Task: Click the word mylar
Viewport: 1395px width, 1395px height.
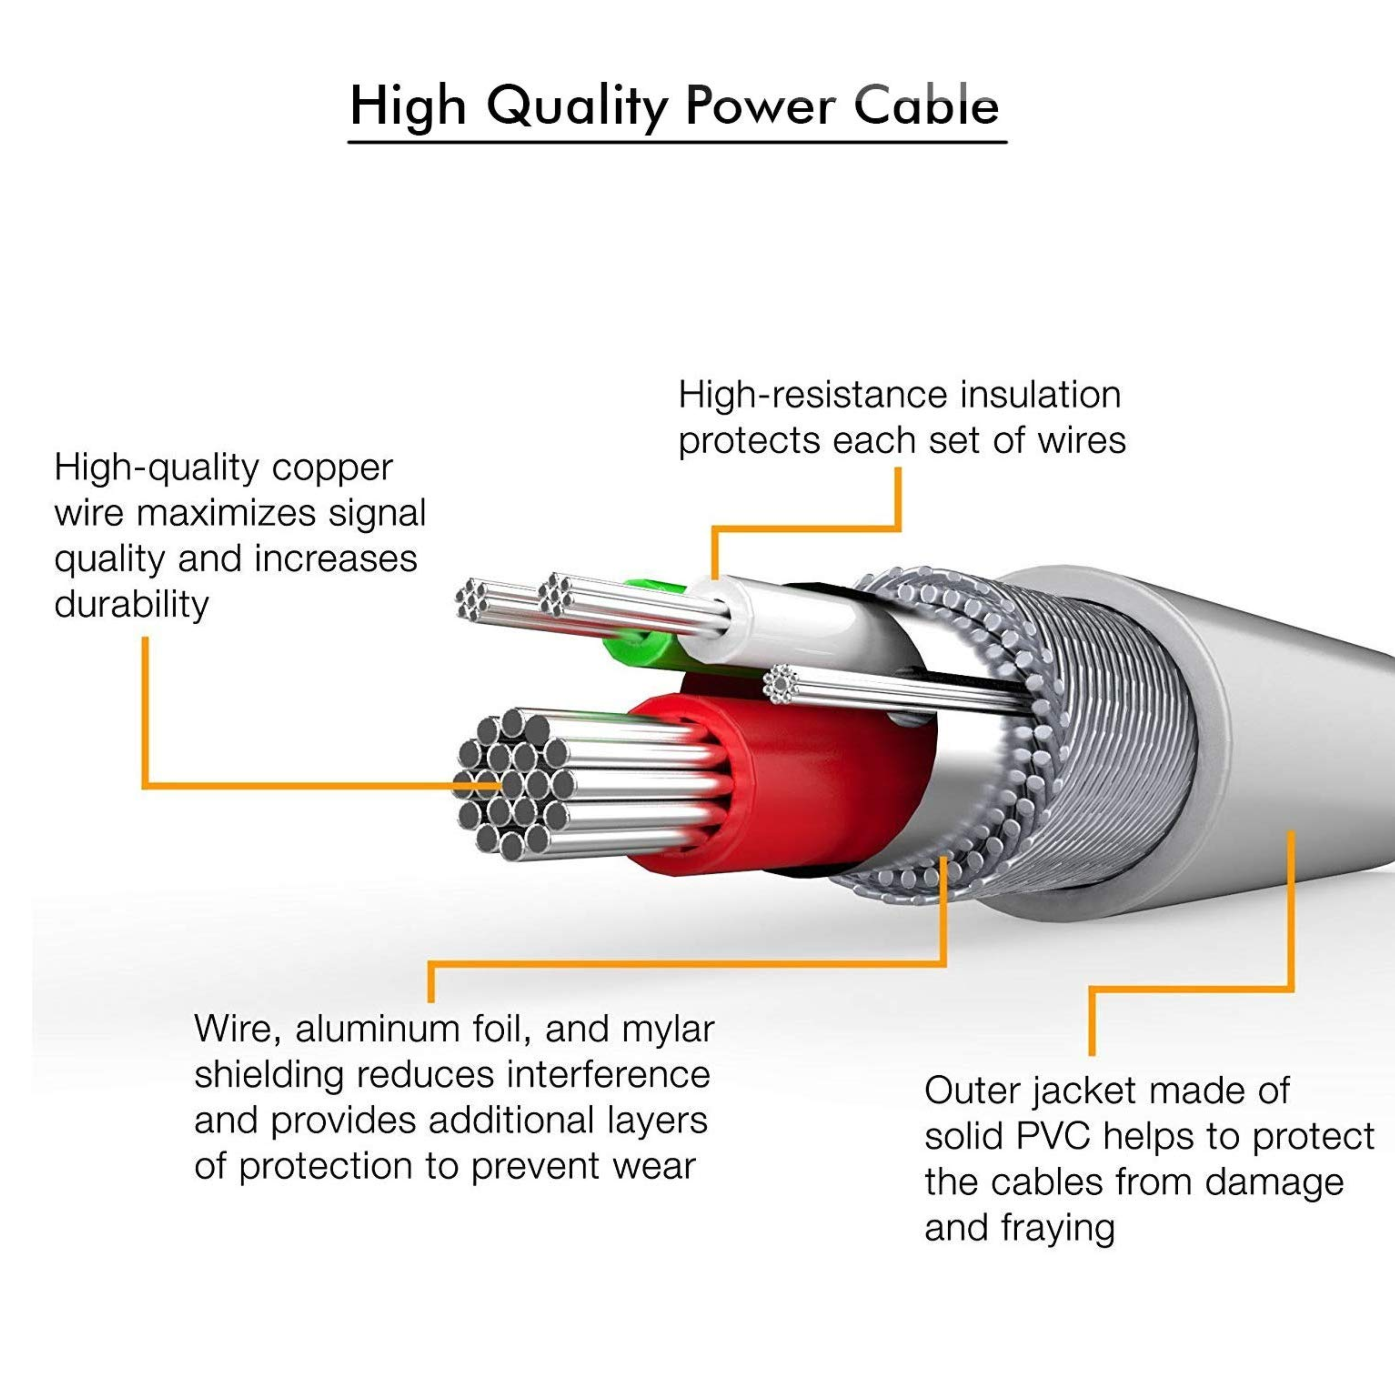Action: [x=668, y=1029]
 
